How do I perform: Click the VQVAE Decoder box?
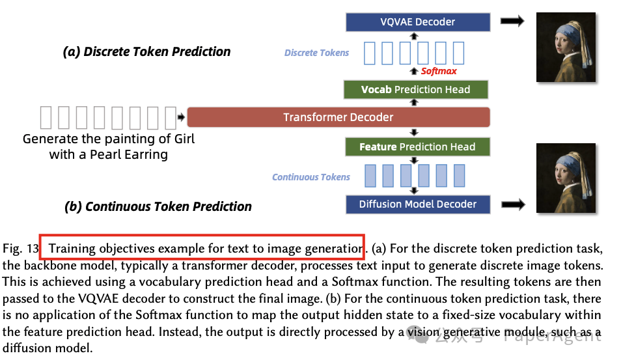click(x=417, y=22)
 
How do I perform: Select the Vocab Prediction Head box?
click(x=416, y=89)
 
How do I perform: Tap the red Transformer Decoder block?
click(x=338, y=117)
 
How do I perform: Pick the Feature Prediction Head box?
click(x=417, y=147)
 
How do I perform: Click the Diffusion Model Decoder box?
click(x=417, y=204)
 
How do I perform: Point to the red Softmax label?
click(x=439, y=71)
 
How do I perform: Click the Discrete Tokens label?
click(x=316, y=53)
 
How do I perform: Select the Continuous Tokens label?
click(x=310, y=177)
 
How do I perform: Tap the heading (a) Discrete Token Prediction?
click(x=146, y=52)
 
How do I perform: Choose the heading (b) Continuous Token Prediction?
click(x=158, y=207)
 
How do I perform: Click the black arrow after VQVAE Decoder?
click(x=512, y=21)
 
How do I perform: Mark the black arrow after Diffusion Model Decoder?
click(x=512, y=205)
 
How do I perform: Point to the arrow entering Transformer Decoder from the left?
click(x=181, y=117)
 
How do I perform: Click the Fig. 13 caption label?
click(x=20, y=249)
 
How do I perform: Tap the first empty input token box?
click(x=46, y=117)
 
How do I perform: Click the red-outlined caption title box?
click(x=202, y=247)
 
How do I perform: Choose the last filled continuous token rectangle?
click(x=459, y=176)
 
